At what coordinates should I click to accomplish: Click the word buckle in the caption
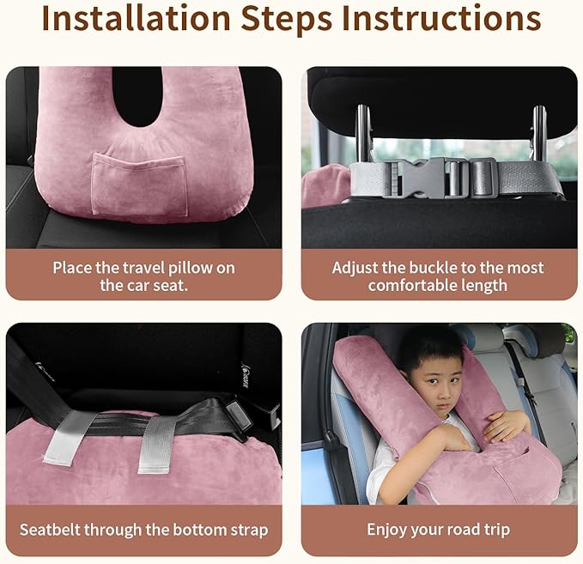point(435,268)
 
